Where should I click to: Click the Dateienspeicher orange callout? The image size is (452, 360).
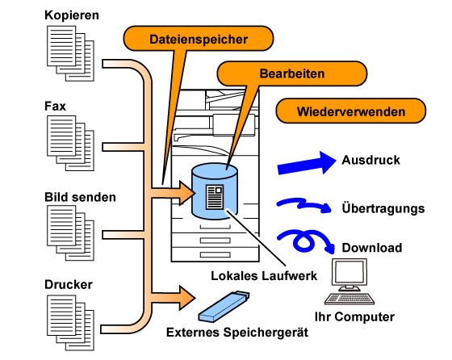(199, 39)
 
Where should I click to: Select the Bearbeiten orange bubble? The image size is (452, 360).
(291, 73)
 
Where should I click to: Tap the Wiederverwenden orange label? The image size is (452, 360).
(351, 111)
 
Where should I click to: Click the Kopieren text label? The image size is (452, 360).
(72, 15)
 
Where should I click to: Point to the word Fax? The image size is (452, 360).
(55, 106)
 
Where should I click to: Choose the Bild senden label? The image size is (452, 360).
(80, 197)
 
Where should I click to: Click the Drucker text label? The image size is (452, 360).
(69, 284)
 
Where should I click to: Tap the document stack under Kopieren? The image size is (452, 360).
(70, 53)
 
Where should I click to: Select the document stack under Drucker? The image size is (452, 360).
(70, 323)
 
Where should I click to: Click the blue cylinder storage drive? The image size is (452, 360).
(215, 191)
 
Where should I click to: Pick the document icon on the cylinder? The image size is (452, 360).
(215, 197)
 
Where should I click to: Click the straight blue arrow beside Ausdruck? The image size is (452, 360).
(307, 163)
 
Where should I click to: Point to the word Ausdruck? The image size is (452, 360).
(370, 160)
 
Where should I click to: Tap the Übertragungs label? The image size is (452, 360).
(383, 208)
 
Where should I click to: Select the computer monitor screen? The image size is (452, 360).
(349, 272)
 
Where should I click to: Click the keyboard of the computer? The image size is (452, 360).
(349, 299)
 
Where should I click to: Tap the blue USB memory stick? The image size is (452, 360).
(224, 307)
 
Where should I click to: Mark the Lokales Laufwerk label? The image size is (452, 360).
(264, 276)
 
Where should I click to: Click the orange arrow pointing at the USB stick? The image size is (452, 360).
(174, 298)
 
